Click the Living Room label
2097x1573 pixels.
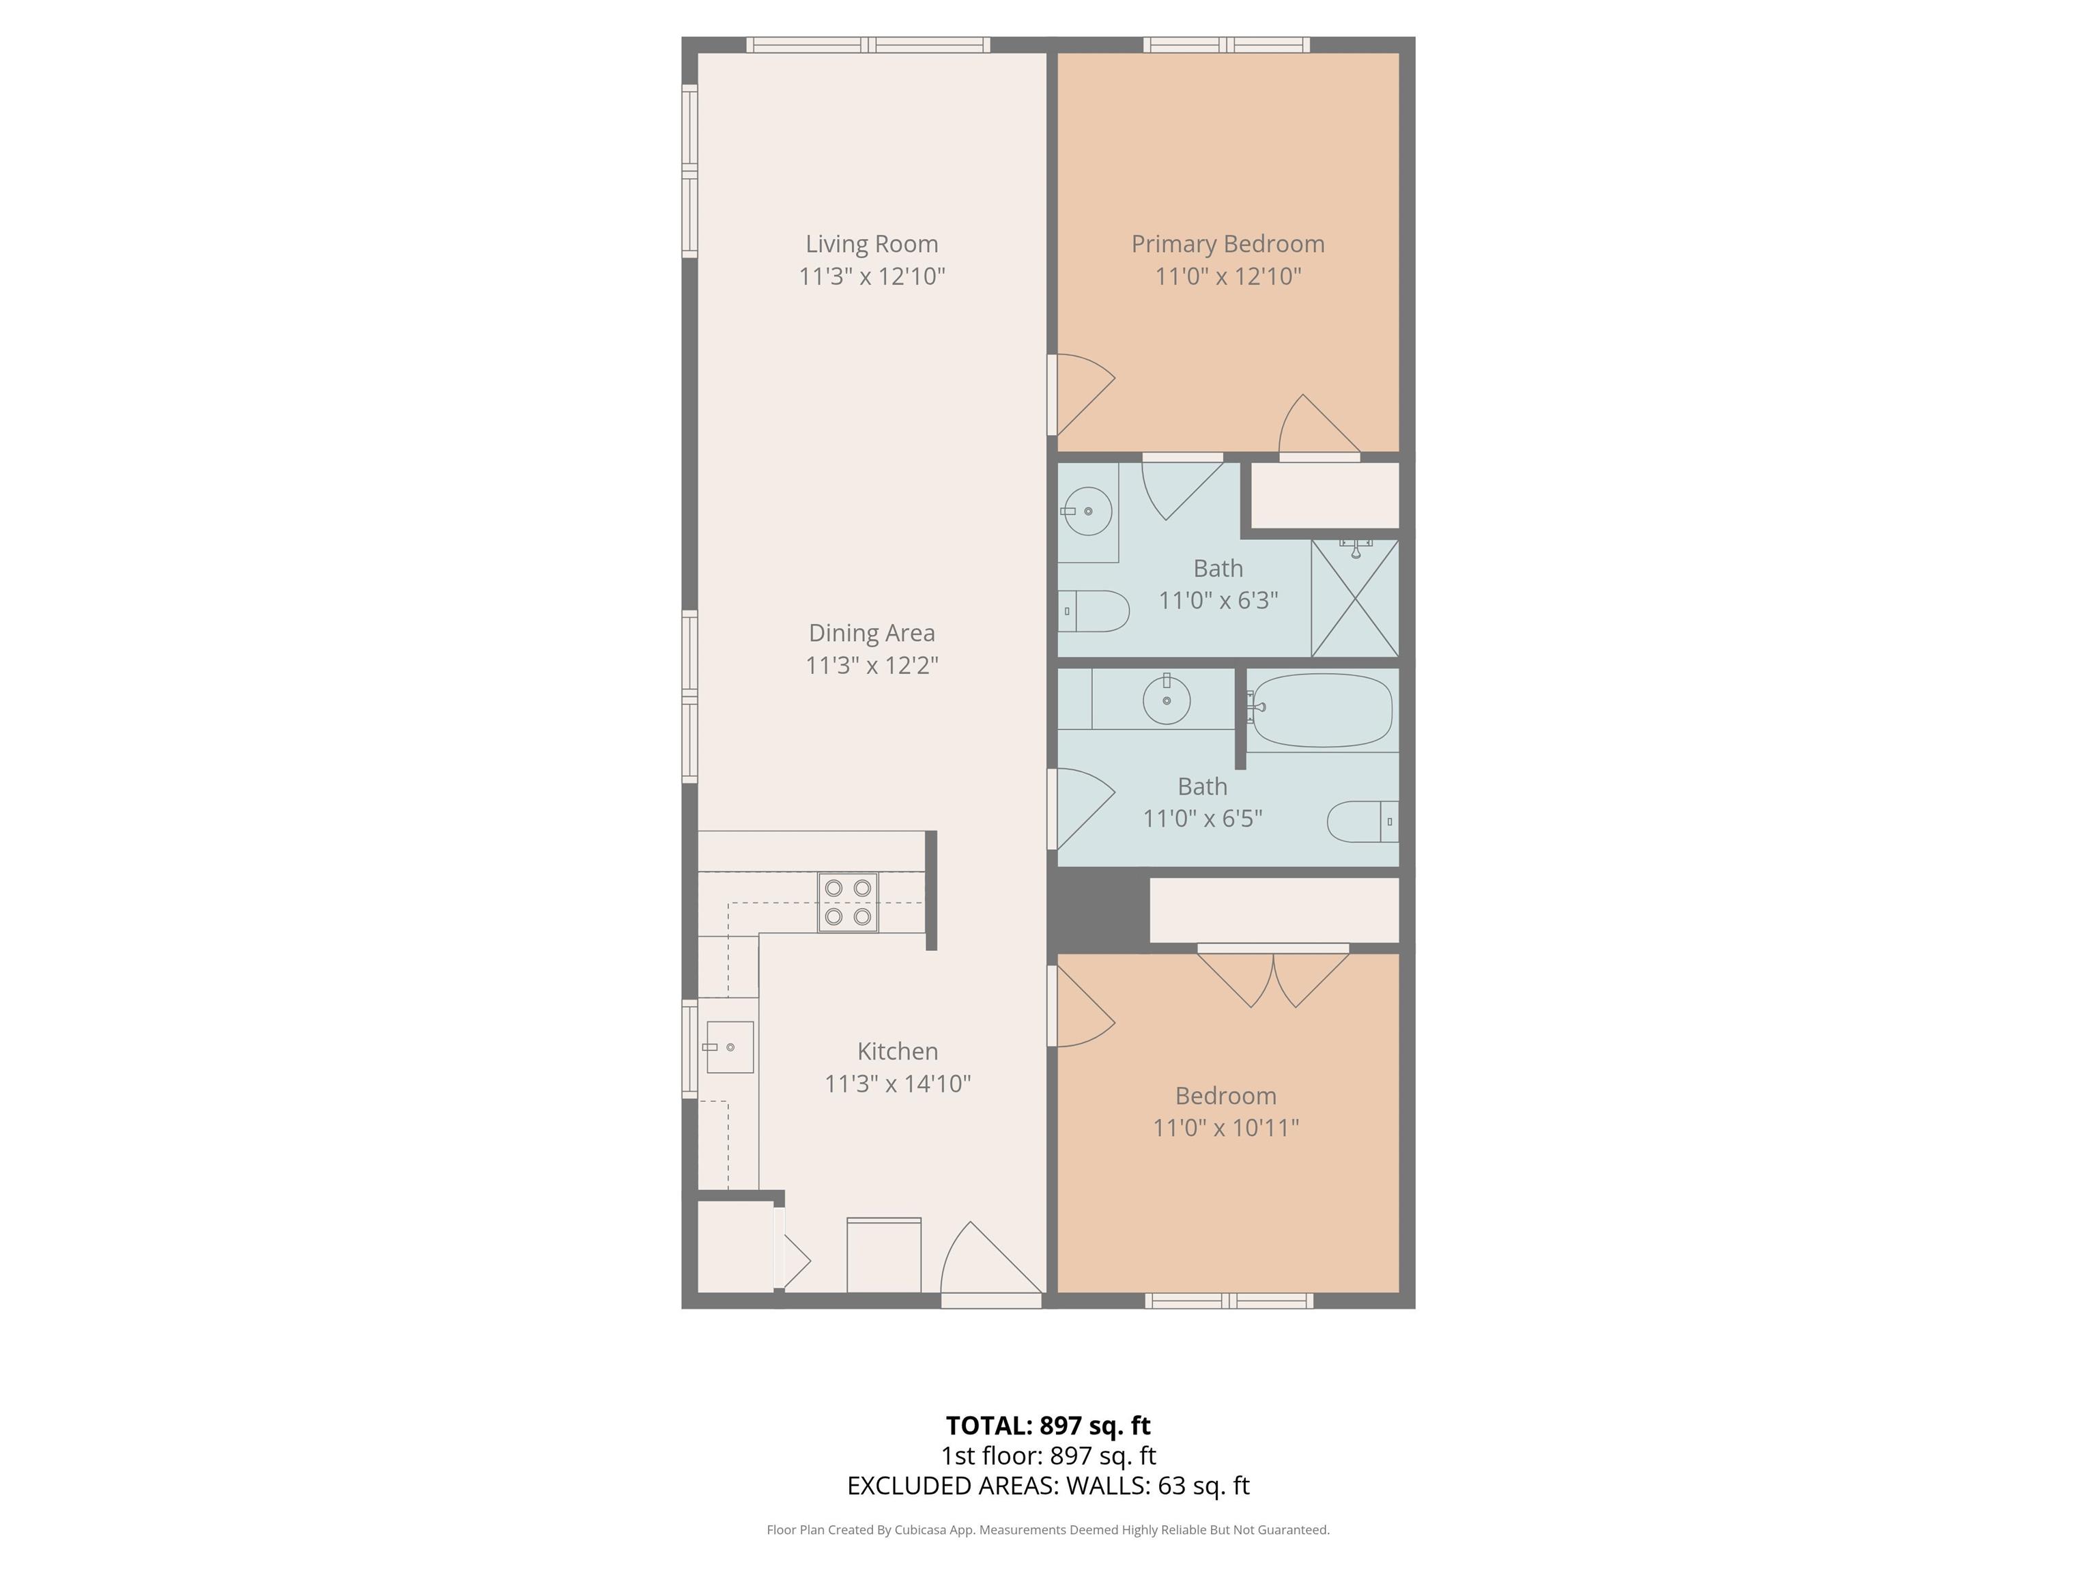click(871, 244)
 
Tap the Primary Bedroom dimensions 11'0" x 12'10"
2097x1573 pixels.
click(1227, 276)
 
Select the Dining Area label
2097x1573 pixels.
click(871, 632)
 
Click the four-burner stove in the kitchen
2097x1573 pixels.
click(848, 903)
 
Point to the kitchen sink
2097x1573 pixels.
click(729, 1047)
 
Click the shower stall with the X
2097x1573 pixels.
click(1355, 598)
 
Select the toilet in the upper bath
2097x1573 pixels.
click(1094, 612)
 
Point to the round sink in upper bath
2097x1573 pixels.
click(1087, 511)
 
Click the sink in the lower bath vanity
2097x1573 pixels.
click(1166, 700)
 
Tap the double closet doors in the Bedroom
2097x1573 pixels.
click(1272, 976)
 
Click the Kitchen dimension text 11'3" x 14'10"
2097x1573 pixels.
click(897, 1083)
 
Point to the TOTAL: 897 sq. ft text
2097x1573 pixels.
click(1048, 1425)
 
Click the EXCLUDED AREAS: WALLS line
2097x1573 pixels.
click(1048, 1486)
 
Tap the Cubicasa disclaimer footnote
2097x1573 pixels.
click(1048, 1529)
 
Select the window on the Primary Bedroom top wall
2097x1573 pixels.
click(1226, 44)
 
